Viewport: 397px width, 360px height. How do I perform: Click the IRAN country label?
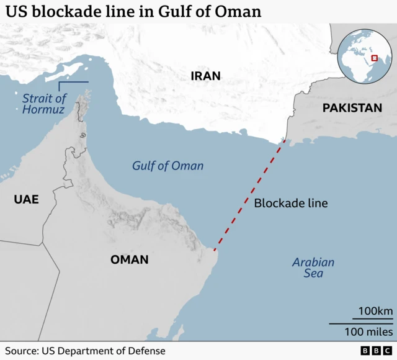205,76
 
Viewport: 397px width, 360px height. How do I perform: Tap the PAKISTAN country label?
352,108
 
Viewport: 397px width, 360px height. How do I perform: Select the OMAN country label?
130,259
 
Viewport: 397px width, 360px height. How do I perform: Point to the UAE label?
27,199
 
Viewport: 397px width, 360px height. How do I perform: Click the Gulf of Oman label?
167,166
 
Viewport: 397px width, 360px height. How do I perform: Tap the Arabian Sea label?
313,268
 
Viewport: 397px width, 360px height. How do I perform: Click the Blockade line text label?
291,203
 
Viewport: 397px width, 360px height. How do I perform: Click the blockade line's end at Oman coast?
215,251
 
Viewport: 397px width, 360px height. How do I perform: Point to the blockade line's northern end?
285,142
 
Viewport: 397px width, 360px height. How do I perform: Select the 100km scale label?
376,311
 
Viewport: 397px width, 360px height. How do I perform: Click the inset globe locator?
363,56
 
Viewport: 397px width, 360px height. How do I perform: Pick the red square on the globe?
374,58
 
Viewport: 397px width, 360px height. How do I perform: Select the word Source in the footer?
21,351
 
